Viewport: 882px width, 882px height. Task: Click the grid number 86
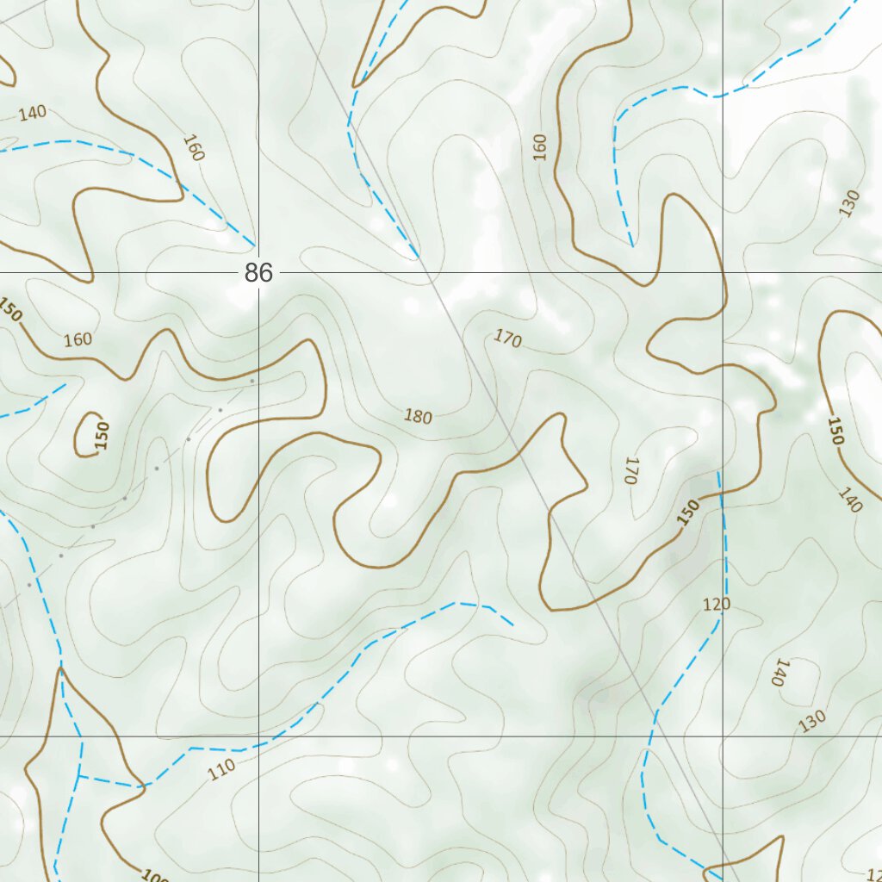[x=258, y=273]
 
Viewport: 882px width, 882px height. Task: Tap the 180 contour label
[x=418, y=417]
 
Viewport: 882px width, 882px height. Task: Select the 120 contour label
[x=716, y=605]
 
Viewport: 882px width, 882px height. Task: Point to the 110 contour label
[x=221, y=770]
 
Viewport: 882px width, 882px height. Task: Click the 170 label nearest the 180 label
[x=508, y=339]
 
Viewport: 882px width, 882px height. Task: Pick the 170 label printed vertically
[x=630, y=470]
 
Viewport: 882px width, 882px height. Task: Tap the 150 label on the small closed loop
[x=102, y=435]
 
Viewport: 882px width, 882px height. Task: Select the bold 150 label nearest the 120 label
[x=688, y=513]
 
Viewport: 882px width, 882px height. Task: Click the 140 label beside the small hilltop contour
[x=781, y=672]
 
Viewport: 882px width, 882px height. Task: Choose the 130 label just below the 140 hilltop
[x=811, y=720]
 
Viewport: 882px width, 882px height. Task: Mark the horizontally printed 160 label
[x=78, y=339]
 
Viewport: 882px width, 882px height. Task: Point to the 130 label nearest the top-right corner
[x=849, y=203]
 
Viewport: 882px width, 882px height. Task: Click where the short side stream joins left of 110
[x=79, y=776]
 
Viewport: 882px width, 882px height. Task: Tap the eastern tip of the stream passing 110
[x=513, y=624]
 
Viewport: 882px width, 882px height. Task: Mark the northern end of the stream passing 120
[x=718, y=472]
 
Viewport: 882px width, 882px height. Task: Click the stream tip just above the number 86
[x=254, y=245]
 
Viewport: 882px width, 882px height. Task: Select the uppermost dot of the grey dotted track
[x=252, y=380]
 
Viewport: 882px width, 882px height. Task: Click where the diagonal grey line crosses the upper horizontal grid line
[x=428, y=272]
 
